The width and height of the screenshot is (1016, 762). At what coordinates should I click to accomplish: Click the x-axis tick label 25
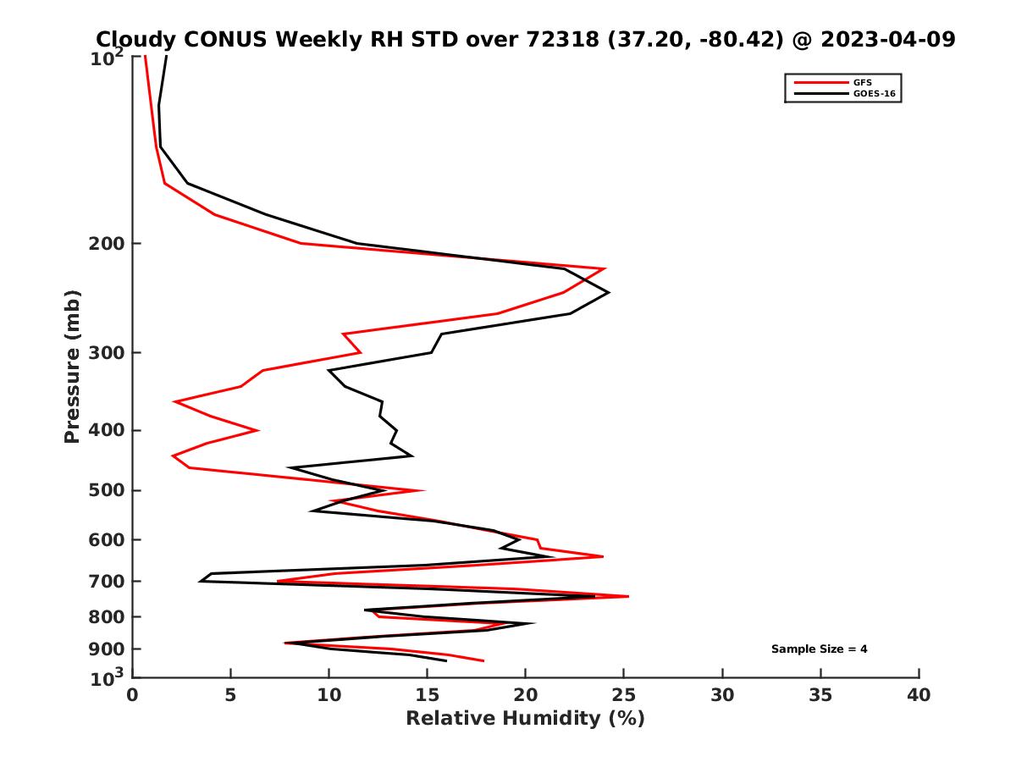pos(624,695)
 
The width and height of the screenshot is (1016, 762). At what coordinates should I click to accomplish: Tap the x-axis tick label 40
pos(919,695)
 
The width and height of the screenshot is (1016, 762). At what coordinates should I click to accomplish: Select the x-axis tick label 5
pos(230,695)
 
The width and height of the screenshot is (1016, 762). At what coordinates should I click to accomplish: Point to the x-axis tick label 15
pos(427,695)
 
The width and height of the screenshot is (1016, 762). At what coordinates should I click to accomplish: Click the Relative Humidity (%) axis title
pos(525,719)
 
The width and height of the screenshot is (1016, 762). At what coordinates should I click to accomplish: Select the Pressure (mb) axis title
pos(72,366)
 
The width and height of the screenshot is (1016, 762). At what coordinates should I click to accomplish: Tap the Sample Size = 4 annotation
pos(819,649)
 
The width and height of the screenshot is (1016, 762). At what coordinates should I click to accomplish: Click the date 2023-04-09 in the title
pos(886,39)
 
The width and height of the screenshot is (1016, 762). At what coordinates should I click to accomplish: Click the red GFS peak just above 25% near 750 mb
pos(627,597)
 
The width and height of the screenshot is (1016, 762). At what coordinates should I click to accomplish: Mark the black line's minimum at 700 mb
pos(200,581)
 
